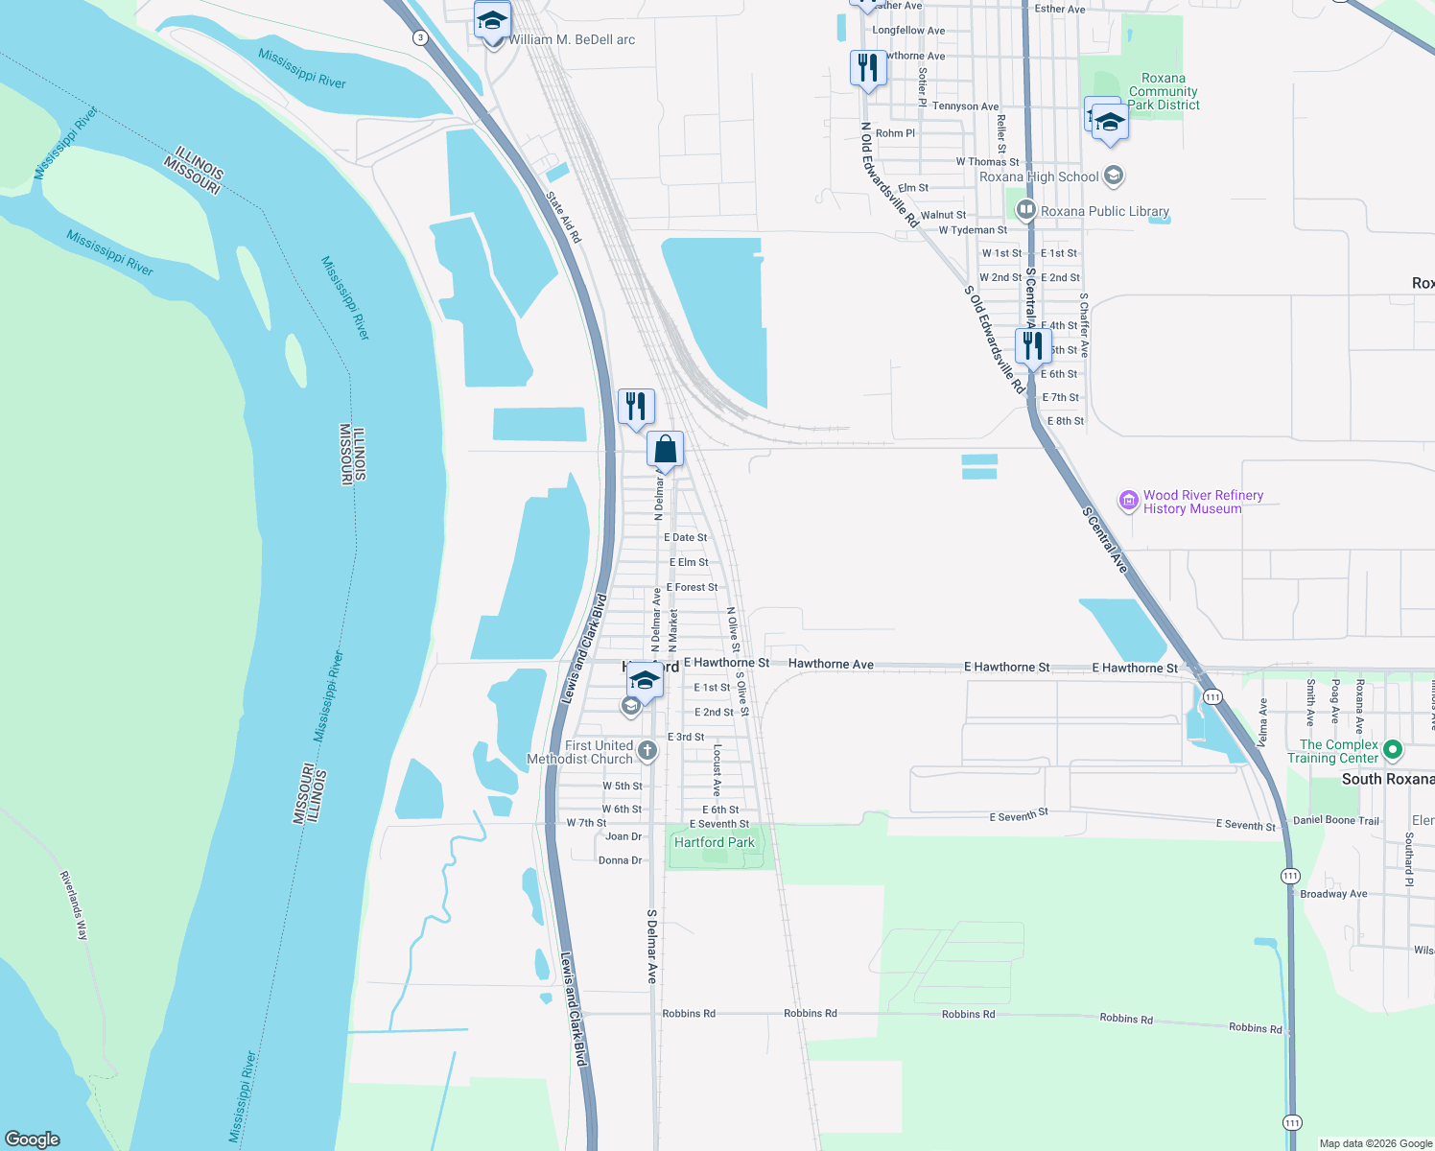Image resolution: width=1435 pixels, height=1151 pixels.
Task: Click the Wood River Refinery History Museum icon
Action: [1129, 501]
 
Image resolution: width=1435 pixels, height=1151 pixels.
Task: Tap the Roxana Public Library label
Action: [1104, 211]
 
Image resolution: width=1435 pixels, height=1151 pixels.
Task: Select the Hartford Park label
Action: [714, 842]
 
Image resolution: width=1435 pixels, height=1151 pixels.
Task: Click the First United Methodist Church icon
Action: [647, 751]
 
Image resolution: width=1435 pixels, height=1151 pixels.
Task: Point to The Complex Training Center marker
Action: [1394, 750]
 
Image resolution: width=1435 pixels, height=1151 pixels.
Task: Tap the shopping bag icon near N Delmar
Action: [665, 449]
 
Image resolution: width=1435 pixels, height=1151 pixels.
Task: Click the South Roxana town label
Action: [1387, 779]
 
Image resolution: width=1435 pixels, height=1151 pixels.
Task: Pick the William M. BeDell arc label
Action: [572, 39]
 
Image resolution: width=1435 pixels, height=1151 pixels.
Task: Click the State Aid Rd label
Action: [564, 217]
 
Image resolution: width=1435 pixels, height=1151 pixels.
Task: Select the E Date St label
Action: [686, 537]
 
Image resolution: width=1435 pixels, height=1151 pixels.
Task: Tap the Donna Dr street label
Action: [620, 860]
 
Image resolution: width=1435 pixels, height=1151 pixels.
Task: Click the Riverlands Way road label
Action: [74, 905]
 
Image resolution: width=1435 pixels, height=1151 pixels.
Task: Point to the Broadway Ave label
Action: [1333, 894]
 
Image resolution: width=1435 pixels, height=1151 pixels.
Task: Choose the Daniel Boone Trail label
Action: [1335, 820]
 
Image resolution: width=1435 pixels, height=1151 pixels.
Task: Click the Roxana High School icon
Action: [1114, 176]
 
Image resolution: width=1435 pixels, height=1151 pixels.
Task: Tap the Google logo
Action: [33, 1139]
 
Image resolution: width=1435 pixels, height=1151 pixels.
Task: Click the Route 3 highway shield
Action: [420, 37]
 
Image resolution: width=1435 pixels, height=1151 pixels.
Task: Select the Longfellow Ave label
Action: [908, 31]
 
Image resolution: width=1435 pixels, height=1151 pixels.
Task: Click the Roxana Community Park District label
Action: [1164, 91]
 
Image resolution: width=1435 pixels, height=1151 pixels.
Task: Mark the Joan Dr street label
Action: [623, 836]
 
